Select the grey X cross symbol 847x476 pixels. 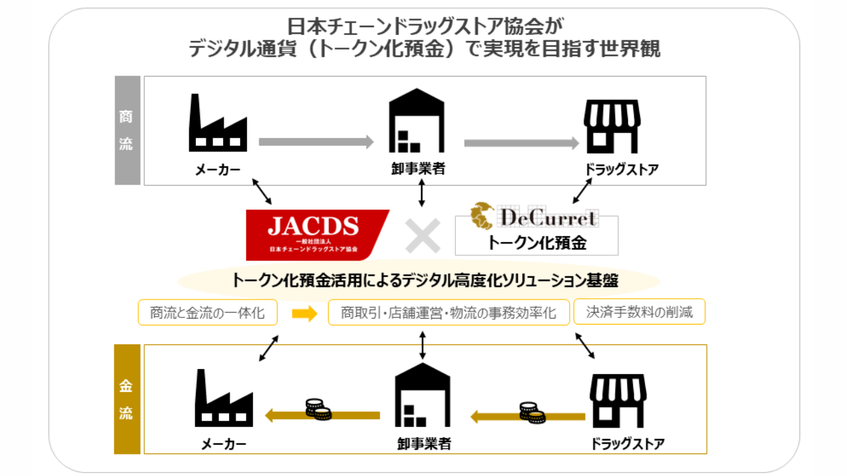point(423,235)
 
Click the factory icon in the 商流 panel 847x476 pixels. point(218,124)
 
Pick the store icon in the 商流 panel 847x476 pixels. point(611,126)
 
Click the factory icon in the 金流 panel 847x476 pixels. point(224,397)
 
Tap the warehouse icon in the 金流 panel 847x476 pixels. point(422,396)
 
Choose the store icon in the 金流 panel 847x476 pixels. point(617,401)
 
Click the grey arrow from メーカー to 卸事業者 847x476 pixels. point(316,141)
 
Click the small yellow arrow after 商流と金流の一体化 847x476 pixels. point(304,313)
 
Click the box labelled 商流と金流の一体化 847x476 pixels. point(206,313)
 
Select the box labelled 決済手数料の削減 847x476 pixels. point(639,312)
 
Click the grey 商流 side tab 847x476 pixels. point(127,130)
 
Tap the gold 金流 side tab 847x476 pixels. point(127,399)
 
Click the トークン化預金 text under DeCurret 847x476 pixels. point(537,243)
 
